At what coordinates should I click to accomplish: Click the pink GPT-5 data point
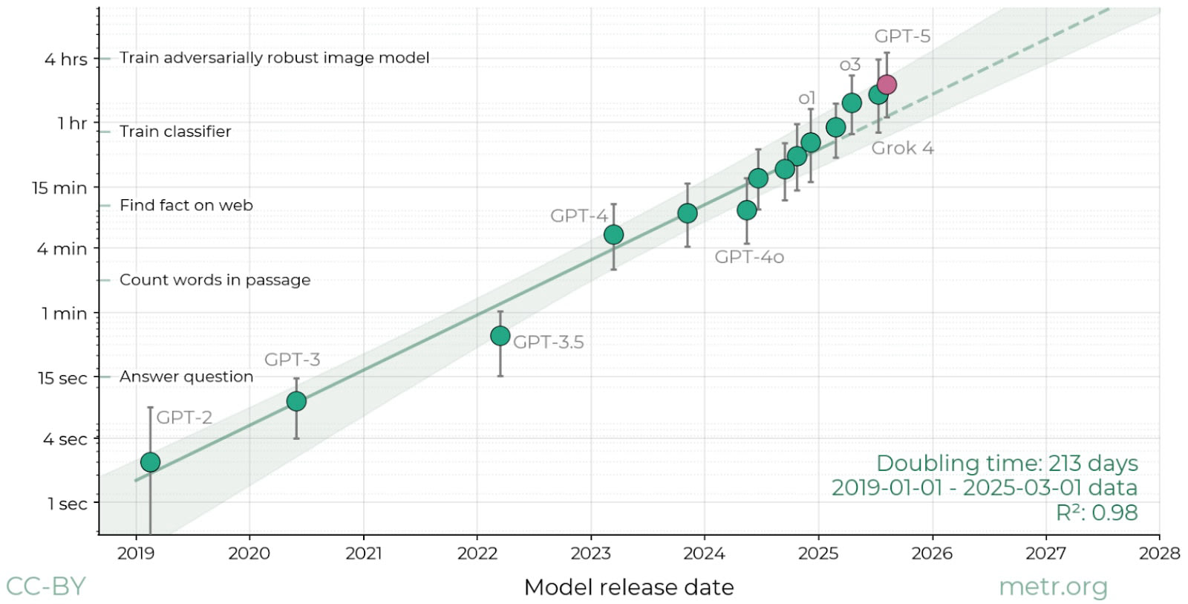(887, 85)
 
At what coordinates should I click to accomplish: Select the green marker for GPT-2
(150, 462)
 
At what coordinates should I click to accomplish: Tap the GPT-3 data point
(296, 401)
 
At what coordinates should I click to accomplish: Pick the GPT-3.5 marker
(500, 336)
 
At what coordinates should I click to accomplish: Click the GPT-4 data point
(613, 235)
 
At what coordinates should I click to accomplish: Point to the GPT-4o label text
(749, 257)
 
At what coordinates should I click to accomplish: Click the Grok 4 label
(902, 148)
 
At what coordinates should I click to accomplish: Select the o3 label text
(850, 65)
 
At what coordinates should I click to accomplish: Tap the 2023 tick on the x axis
(590, 553)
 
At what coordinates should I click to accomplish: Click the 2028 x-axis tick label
(1159, 553)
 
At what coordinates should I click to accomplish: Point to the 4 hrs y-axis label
(65, 59)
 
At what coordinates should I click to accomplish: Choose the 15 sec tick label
(62, 378)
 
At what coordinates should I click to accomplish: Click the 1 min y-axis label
(64, 314)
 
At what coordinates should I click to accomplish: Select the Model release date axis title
(629, 587)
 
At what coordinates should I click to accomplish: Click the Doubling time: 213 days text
(1007, 463)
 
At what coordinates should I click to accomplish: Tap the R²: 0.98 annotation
(1097, 512)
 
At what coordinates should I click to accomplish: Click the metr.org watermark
(1053, 587)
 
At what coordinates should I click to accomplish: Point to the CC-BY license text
(46, 586)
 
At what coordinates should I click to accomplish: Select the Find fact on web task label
(186, 205)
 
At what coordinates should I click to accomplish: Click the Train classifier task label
(175, 131)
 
